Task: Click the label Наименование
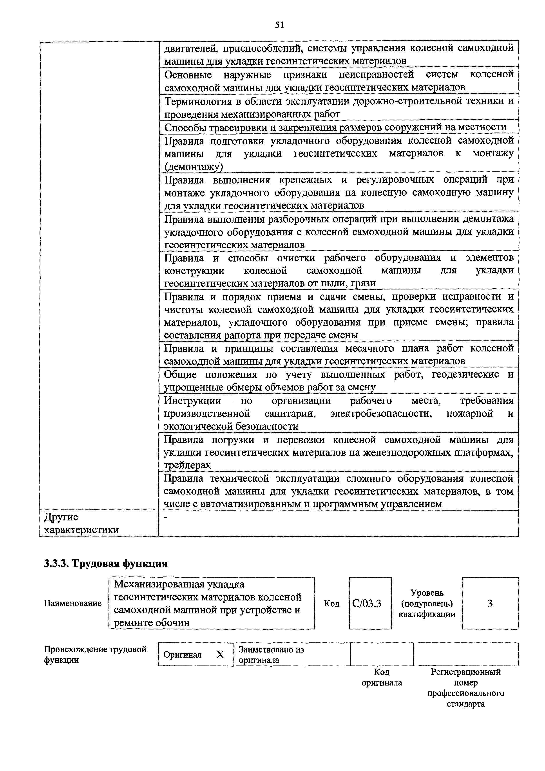click(72, 604)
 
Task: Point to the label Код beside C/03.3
click(331, 604)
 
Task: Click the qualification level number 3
click(490, 604)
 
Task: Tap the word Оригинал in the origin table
click(182, 655)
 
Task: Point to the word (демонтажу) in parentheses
click(193, 167)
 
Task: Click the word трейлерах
click(187, 465)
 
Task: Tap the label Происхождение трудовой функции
click(95, 655)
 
